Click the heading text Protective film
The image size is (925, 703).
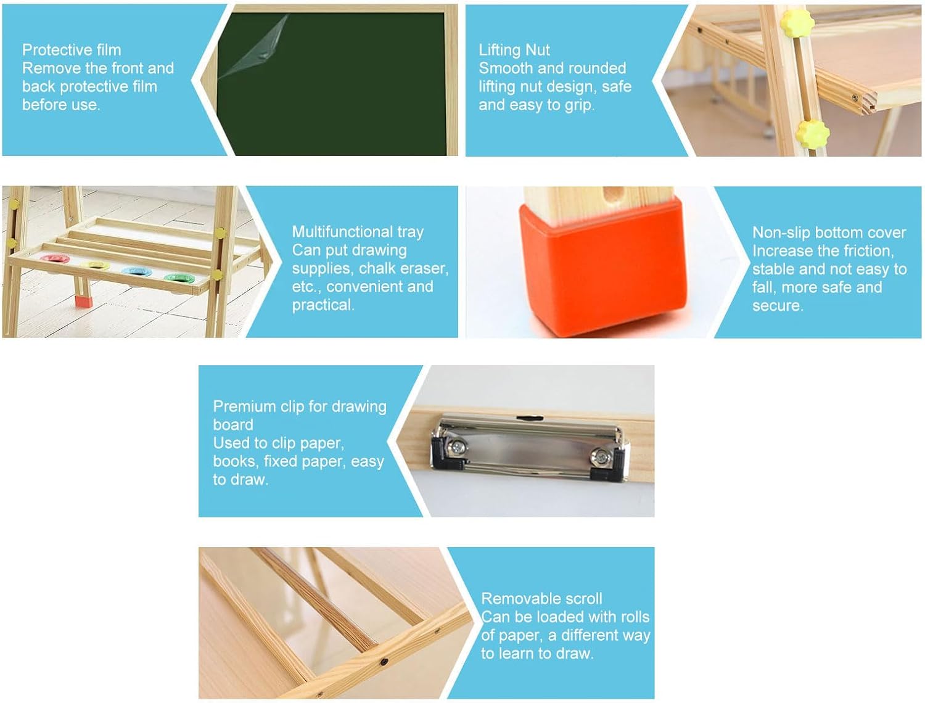(72, 50)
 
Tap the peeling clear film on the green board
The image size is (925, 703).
(258, 49)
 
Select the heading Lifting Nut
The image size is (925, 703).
(514, 50)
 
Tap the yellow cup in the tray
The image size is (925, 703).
(96, 265)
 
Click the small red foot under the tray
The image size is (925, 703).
(83, 302)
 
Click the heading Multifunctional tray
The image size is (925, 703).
(358, 232)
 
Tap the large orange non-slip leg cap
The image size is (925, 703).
(602, 265)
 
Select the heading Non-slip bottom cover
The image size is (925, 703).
(829, 232)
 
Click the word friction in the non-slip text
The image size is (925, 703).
(869, 251)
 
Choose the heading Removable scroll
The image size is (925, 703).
(541, 599)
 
